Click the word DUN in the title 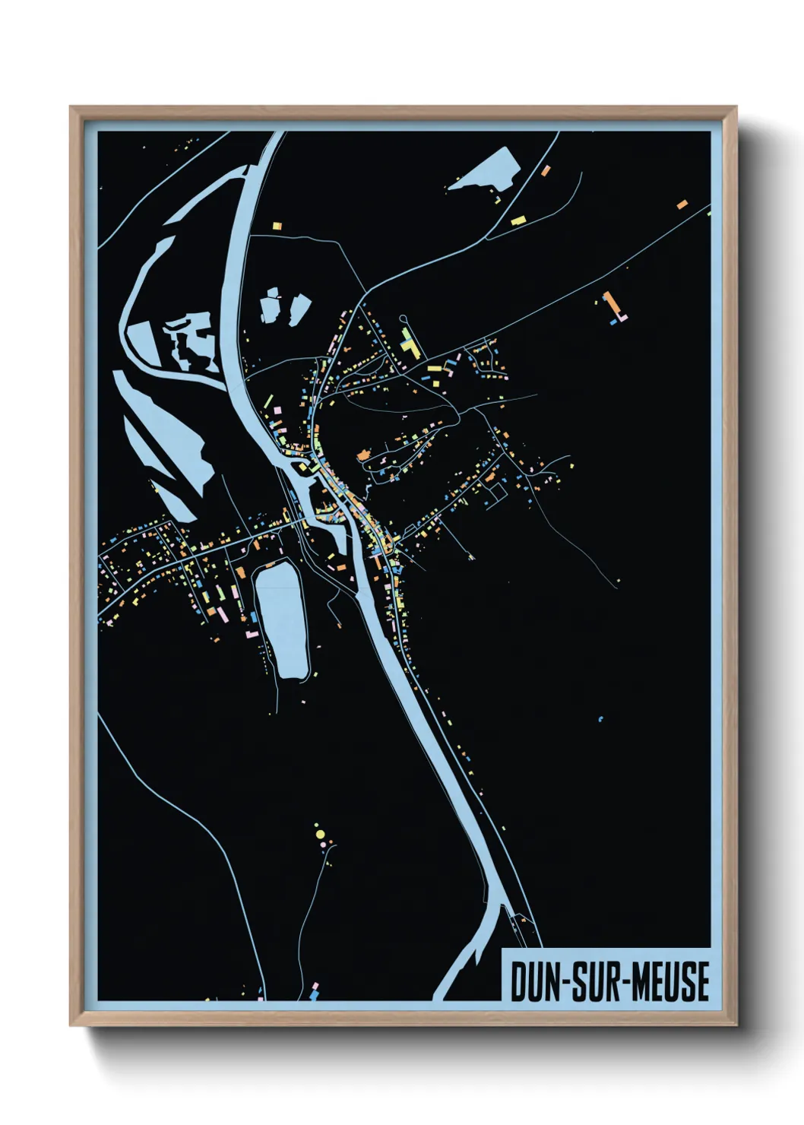[x=533, y=981]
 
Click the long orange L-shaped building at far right [x=610, y=305]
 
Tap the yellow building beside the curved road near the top [x=518, y=220]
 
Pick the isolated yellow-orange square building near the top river [x=277, y=225]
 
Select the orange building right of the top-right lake [x=546, y=170]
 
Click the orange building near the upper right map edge [x=682, y=204]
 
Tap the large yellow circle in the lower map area [x=320, y=835]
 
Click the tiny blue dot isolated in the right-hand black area [x=600, y=718]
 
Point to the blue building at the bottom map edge [x=315, y=993]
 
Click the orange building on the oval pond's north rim [x=267, y=565]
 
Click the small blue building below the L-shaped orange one [x=612, y=322]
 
